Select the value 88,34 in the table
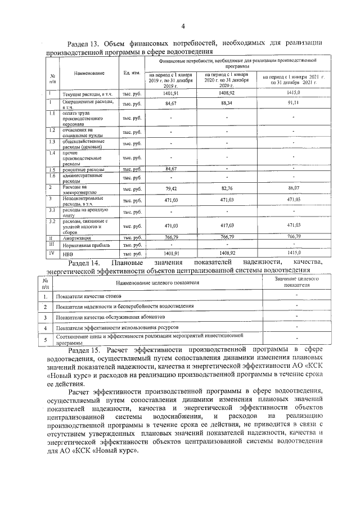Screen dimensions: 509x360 (x=227, y=103)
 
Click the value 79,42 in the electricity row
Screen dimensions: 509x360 (x=172, y=189)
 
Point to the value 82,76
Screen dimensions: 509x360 (x=227, y=189)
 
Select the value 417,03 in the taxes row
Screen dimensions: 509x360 (x=227, y=226)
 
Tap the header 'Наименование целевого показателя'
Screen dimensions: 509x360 (x=154, y=282)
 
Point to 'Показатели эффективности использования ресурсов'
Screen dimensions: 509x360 (x=118, y=327)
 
